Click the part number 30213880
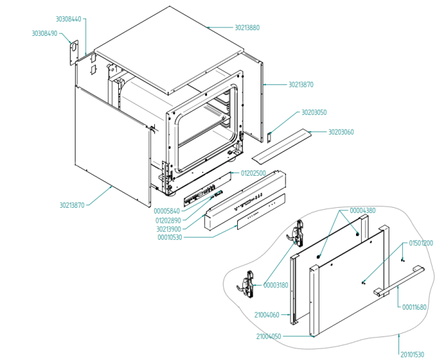click(247, 28)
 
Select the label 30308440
click(69, 20)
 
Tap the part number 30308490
click(45, 33)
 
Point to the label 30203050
click(314, 112)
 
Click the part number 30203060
click(341, 132)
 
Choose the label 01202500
click(253, 173)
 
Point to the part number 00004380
click(363, 210)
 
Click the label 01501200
click(421, 243)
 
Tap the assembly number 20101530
click(412, 355)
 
